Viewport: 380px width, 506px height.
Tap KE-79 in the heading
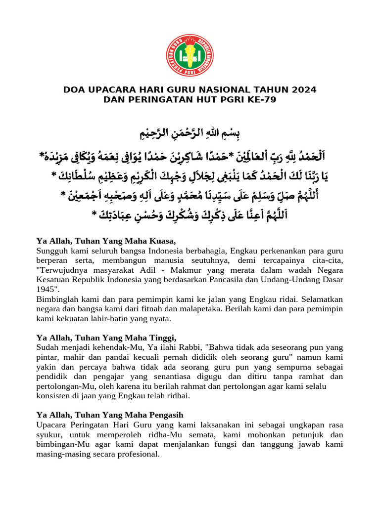[x=259, y=99]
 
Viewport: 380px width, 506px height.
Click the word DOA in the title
[x=74, y=90]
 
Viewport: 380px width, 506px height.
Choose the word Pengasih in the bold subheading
[x=165, y=415]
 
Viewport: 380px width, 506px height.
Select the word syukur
[x=48, y=434]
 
